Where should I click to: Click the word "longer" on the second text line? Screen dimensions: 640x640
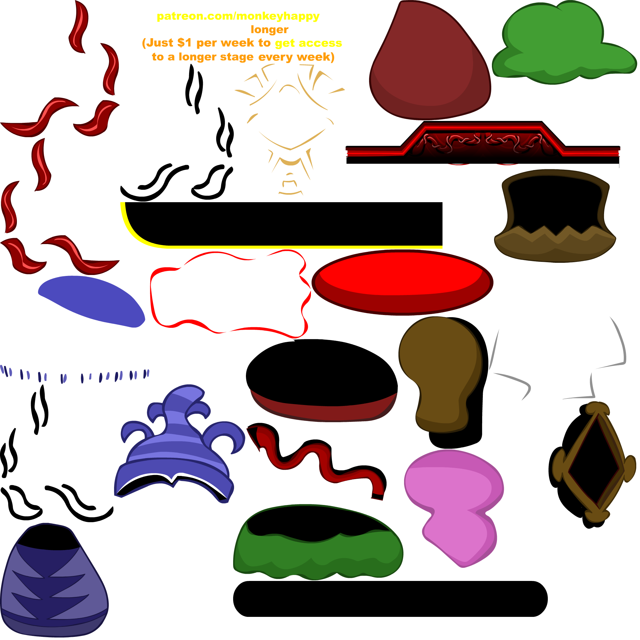coord(270,30)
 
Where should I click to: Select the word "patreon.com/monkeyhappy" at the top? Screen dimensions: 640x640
coord(238,16)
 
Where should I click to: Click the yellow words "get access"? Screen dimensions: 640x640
coord(308,43)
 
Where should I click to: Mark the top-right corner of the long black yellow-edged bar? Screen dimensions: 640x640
coord(442,202)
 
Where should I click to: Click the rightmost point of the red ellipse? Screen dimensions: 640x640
coord(493,282)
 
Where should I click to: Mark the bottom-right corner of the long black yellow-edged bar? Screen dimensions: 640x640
coord(442,247)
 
